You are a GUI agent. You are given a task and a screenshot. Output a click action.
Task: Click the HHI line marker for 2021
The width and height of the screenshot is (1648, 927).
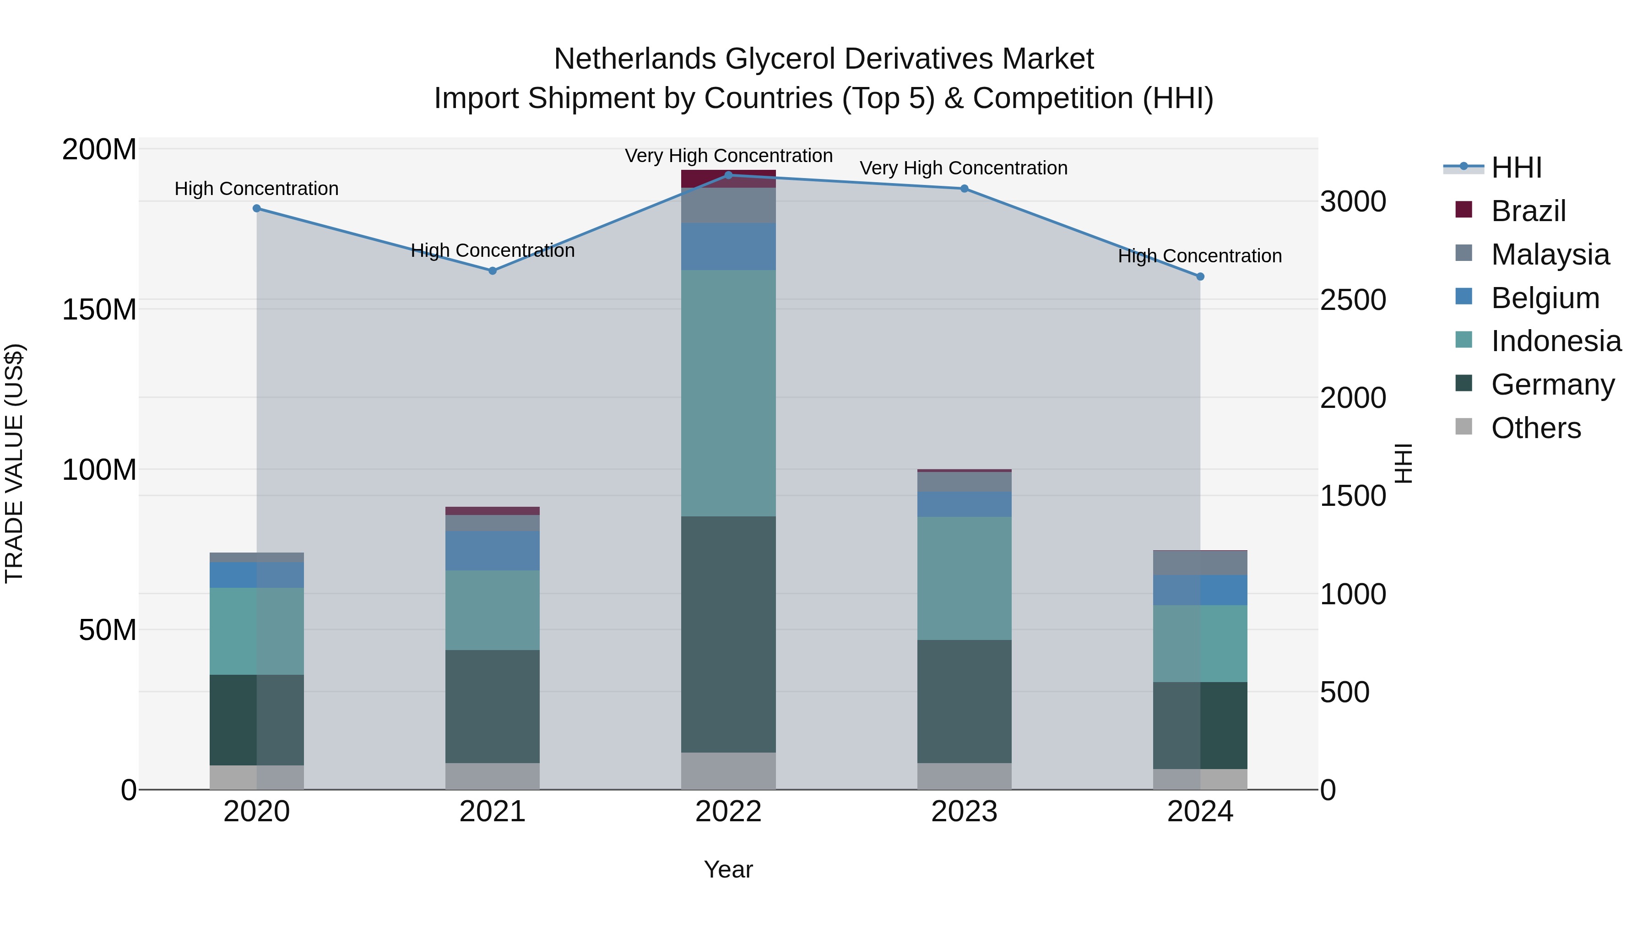pos(492,271)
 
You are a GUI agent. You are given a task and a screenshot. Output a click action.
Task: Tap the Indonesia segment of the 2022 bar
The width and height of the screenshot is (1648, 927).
pos(728,393)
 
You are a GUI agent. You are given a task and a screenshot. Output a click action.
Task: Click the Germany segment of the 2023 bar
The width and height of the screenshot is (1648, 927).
pos(964,701)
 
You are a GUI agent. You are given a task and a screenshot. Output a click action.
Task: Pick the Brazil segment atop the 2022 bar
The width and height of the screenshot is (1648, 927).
pos(728,179)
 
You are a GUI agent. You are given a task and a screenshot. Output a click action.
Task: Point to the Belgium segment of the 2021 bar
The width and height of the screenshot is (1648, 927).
pos(492,550)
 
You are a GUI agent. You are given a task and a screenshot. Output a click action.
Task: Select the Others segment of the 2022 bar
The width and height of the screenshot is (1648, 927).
pos(728,770)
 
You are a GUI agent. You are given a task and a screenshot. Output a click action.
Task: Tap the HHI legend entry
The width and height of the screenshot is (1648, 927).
pos(1516,168)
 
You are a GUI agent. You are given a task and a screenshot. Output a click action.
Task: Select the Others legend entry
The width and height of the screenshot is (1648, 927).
pos(1535,428)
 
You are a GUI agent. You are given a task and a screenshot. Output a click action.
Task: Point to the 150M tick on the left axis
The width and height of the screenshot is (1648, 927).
pos(99,309)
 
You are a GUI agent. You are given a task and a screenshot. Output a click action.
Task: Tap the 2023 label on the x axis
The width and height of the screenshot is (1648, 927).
pos(964,812)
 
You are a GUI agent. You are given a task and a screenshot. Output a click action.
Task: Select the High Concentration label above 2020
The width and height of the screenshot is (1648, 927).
pos(256,189)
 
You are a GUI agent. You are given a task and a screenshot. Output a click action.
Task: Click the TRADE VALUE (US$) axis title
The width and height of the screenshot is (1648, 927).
pos(14,463)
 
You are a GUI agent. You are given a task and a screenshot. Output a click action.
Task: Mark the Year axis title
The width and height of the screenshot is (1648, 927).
pos(728,869)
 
